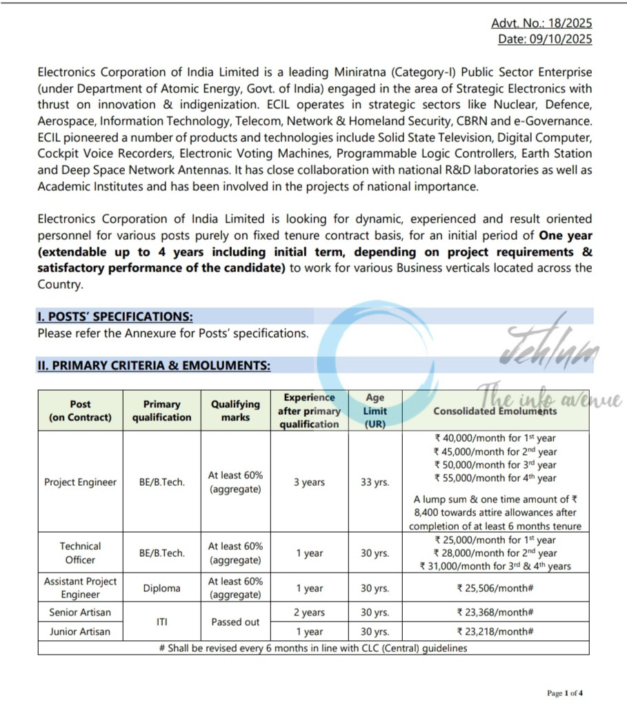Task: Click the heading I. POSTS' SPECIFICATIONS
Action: tap(115, 317)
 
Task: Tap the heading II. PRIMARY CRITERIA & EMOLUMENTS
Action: tap(154, 366)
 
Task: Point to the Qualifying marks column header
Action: tap(235, 411)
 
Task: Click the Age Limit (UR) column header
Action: tap(375, 411)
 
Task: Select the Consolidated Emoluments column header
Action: tap(495, 411)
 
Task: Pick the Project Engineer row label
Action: tap(80, 482)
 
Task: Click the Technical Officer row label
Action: tap(80, 553)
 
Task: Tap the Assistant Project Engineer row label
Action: tap(80, 588)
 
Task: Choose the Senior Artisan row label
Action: tap(80, 612)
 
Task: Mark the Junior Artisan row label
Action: tap(80, 631)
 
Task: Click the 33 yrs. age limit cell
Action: tap(375, 482)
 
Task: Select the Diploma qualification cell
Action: tap(161, 588)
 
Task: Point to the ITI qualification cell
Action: tap(161, 622)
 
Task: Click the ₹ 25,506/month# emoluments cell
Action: tap(495, 588)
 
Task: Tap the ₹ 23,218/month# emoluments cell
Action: tap(495, 631)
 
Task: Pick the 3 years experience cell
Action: tap(309, 482)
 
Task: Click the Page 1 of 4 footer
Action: tap(565, 693)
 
